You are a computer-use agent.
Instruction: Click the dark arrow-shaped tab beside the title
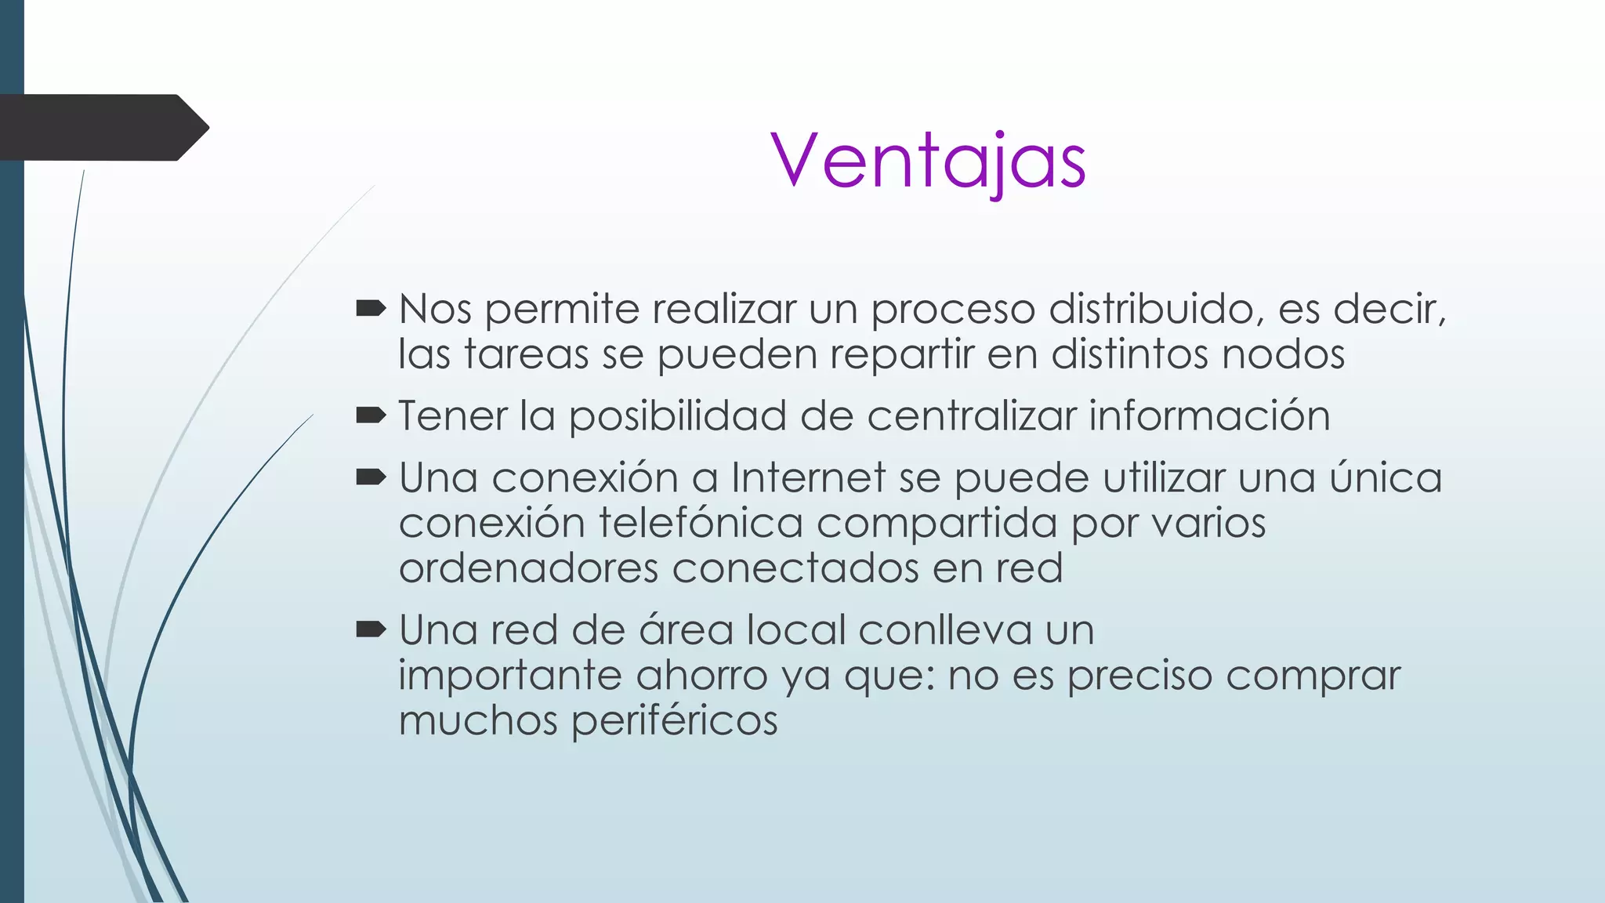102,128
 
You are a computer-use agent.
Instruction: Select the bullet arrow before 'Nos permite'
371,309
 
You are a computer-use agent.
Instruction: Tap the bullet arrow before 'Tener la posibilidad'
371,415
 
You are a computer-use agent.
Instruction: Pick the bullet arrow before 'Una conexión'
371,477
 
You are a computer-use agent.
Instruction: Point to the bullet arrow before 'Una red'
371,629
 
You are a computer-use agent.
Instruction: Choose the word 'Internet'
808,477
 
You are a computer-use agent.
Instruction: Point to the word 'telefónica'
701,523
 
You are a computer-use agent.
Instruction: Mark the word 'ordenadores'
528,568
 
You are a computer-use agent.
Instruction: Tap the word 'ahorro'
701,676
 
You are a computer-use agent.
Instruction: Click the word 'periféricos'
674,721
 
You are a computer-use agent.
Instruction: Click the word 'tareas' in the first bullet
527,354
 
